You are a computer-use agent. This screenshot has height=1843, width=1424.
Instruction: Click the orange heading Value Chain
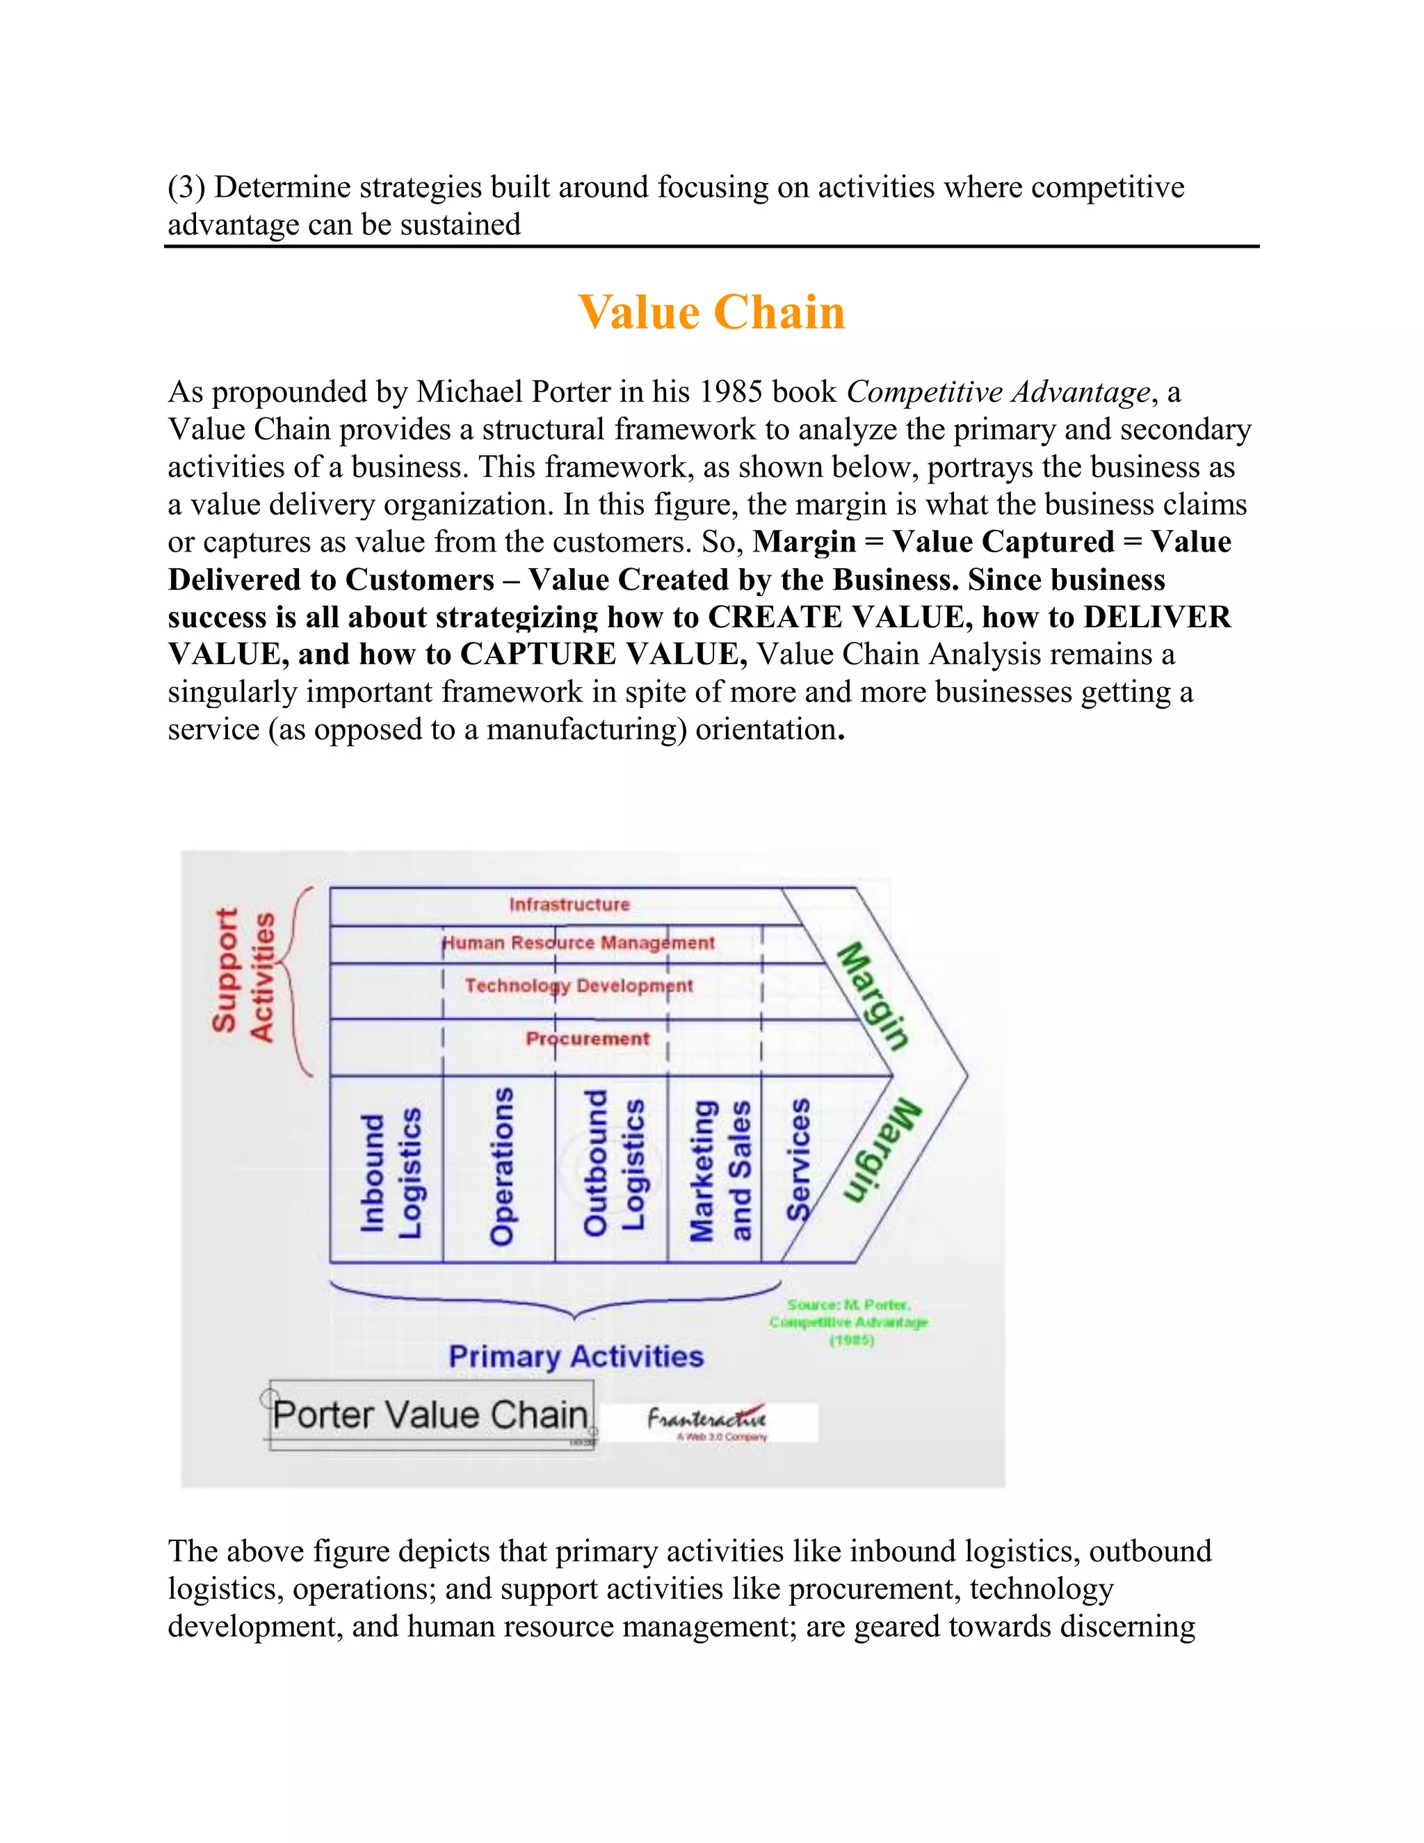click(711, 312)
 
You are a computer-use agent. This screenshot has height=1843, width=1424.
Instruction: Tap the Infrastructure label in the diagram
click(569, 905)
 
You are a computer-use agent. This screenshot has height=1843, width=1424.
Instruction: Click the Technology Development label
click(578, 985)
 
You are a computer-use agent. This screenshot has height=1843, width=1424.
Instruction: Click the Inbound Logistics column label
click(391, 1173)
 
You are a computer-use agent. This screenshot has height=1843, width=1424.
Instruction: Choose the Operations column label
click(502, 1166)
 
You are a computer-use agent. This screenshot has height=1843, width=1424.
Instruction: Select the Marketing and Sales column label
click(720, 1170)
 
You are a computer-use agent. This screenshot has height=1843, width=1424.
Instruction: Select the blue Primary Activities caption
click(576, 1357)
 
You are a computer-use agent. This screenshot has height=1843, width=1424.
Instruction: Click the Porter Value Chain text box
click(430, 1415)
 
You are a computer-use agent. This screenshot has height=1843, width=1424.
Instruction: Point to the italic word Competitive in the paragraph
click(924, 392)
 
